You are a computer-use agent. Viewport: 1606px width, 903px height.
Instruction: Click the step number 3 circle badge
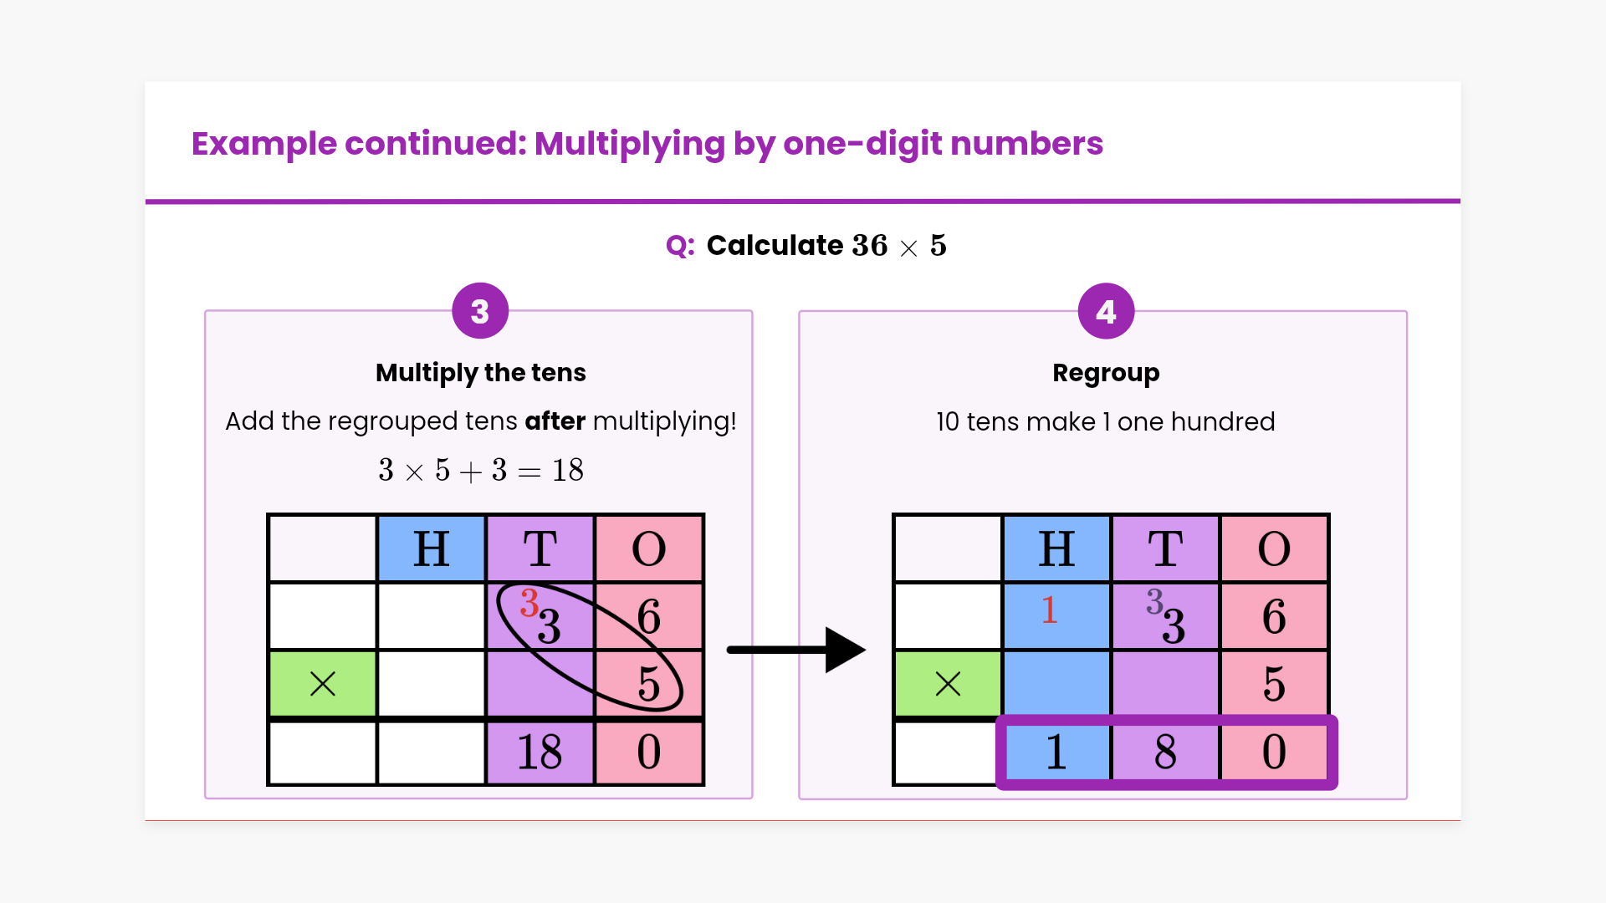click(x=480, y=311)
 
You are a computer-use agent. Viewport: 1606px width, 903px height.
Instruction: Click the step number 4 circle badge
click(x=1106, y=311)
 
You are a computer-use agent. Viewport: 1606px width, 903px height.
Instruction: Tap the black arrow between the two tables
click(x=795, y=650)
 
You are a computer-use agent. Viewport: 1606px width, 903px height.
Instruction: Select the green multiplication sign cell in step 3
click(x=323, y=684)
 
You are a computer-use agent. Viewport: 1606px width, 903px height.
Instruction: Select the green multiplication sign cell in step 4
click(x=948, y=684)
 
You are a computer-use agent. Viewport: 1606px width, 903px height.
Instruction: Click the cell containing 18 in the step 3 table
click(x=540, y=752)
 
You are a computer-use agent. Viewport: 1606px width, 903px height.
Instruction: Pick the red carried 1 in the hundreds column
click(x=1049, y=610)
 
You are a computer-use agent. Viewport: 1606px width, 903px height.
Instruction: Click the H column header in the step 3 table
click(x=432, y=548)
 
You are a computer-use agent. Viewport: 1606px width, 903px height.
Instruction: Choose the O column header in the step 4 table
click(x=1274, y=548)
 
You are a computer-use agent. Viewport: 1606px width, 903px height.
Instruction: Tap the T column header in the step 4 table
click(x=1165, y=548)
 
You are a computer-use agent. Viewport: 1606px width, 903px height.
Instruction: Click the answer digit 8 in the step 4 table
click(x=1165, y=752)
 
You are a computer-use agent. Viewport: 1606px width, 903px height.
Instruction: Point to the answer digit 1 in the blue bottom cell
click(x=1056, y=752)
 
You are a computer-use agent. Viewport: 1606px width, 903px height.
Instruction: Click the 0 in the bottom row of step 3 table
click(x=649, y=752)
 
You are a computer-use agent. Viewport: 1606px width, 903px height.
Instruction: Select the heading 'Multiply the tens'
click(x=480, y=372)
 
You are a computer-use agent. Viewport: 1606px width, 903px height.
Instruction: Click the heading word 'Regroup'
click(x=1106, y=372)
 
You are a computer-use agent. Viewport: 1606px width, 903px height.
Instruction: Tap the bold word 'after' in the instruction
click(x=555, y=421)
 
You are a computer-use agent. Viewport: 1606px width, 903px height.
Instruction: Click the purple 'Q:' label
click(x=680, y=246)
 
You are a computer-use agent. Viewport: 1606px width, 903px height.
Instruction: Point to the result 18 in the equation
click(x=568, y=471)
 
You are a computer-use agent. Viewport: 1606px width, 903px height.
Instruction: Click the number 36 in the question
click(x=870, y=246)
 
